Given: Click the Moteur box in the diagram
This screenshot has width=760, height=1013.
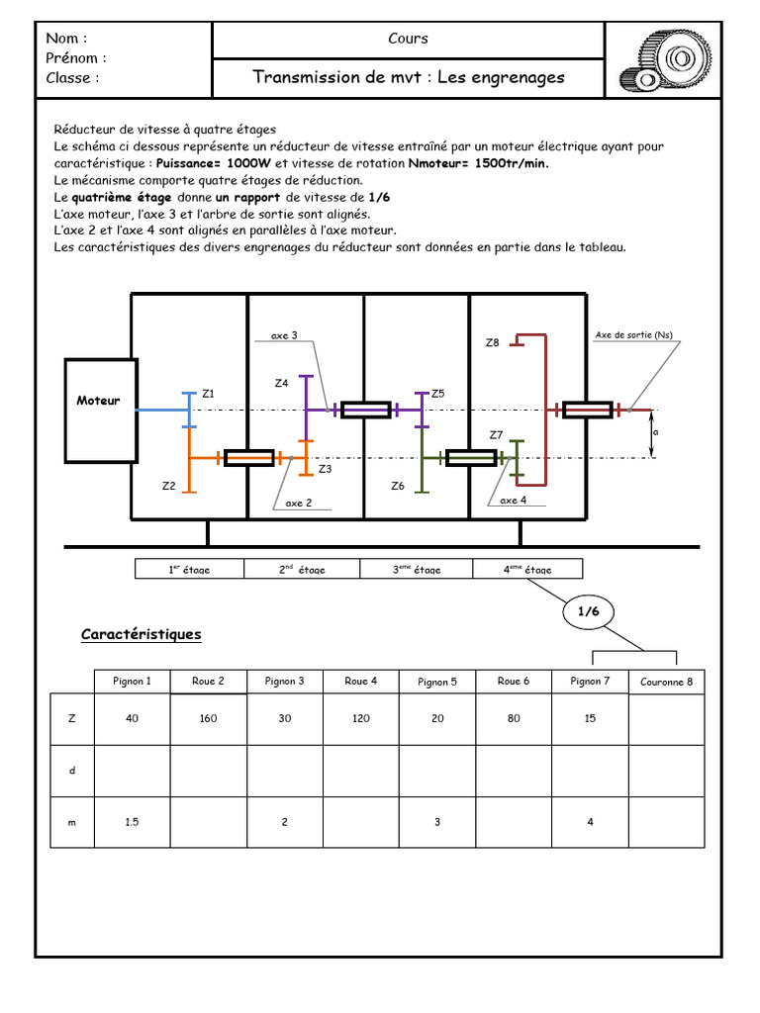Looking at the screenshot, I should click(x=99, y=410).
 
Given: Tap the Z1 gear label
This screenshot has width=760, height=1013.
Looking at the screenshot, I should click(x=208, y=394).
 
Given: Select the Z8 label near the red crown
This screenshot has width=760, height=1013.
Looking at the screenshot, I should click(x=492, y=343).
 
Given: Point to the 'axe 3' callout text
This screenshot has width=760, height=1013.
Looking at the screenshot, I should click(x=284, y=336).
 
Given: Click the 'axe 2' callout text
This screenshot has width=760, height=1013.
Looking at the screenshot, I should click(x=299, y=504).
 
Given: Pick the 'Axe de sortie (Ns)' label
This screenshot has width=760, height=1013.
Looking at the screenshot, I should click(x=633, y=334).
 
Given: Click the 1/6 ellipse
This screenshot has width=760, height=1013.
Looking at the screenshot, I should click(x=589, y=612).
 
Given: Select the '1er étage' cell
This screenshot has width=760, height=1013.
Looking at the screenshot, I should click(x=189, y=570).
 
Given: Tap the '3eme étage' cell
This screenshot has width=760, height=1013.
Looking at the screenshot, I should click(x=417, y=570).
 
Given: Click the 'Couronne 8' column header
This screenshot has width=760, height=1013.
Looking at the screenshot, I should click(x=667, y=682).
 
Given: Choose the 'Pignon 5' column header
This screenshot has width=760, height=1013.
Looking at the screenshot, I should click(x=437, y=682).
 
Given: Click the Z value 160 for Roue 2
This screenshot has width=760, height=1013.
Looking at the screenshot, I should click(x=208, y=719).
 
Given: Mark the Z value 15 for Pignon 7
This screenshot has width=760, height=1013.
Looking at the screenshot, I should click(x=590, y=719).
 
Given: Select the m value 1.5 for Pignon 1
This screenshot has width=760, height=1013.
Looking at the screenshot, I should click(x=132, y=822).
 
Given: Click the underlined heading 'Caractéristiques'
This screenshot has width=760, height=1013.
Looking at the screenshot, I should click(x=141, y=634).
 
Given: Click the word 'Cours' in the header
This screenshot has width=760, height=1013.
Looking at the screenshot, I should click(x=409, y=39).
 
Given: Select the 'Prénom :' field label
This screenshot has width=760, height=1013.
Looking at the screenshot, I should click(x=76, y=57).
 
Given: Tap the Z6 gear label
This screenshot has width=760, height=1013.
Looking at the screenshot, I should click(x=398, y=486).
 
